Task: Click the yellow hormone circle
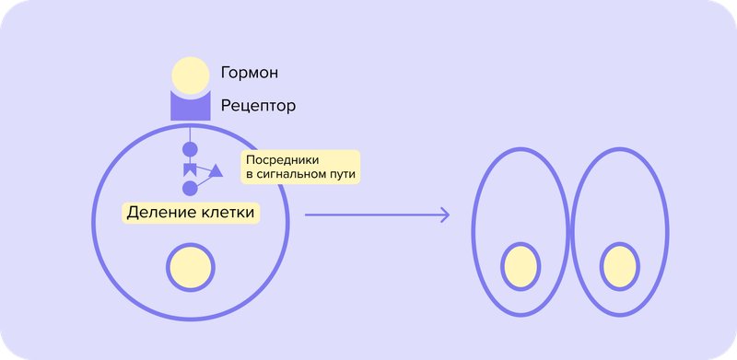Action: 191,75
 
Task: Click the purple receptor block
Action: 191,109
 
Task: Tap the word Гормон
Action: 250,73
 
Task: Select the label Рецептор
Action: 258,106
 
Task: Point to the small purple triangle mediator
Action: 216,171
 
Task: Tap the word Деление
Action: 158,213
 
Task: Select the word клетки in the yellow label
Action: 227,213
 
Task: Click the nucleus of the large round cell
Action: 191,267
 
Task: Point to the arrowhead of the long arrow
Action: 446,215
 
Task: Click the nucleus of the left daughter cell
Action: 521,267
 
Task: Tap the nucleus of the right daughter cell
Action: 620,267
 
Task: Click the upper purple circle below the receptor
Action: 191,148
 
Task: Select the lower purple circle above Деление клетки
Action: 191,188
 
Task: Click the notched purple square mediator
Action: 191,168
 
